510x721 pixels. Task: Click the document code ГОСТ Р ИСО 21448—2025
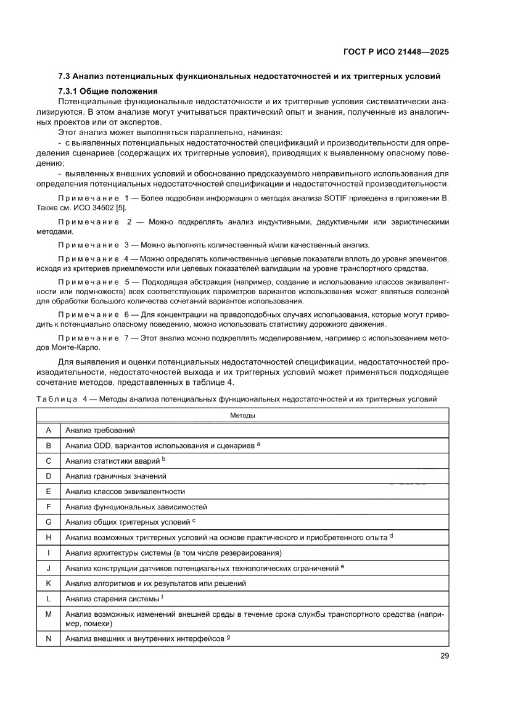[395, 52]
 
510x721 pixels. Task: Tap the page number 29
[444, 656]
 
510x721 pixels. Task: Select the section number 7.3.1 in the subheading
[70, 91]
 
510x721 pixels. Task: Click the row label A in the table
[47, 430]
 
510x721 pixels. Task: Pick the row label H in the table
[47, 537]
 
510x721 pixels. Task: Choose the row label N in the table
[47, 638]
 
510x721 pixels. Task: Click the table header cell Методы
[242, 415]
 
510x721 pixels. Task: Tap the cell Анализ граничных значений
[115, 476]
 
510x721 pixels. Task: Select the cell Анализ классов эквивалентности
[125, 492]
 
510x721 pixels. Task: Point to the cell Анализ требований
[99, 430]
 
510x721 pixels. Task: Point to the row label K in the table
[47, 583]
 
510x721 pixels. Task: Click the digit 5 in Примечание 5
[128, 281]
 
